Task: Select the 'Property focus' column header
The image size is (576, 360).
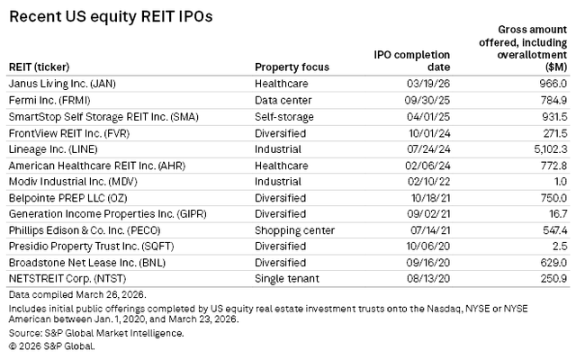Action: coord(292,67)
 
